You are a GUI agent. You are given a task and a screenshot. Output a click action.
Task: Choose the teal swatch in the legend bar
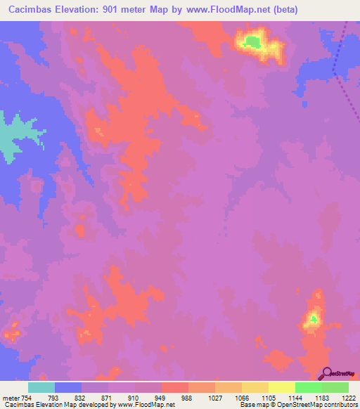tap(41, 388)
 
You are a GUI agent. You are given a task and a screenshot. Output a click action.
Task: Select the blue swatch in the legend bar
tap(68, 388)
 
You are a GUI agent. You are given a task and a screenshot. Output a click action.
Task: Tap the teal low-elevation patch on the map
tap(14, 137)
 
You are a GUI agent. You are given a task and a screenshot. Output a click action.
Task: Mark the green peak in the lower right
tap(312, 320)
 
